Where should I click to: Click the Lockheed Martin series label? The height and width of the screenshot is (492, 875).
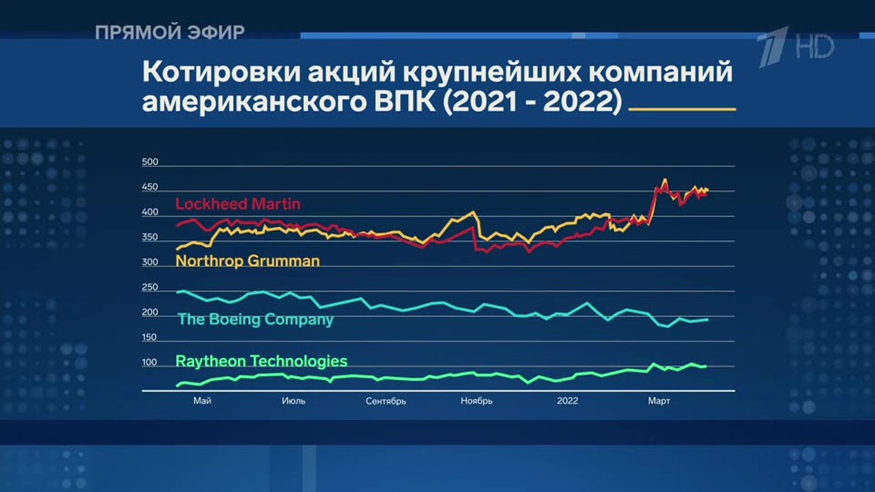pyautogui.click(x=238, y=204)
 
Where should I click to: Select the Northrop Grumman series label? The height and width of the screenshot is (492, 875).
pyautogui.click(x=248, y=261)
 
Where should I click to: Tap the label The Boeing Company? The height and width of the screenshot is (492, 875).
pyautogui.click(x=255, y=319)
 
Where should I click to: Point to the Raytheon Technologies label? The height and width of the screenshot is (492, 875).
pyautogui.click(x=261, y=361)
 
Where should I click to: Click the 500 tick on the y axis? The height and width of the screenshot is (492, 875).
pyautogui.click(x=150, y=162)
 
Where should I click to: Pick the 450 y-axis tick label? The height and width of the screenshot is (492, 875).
pyautogui.click(x=150, y=187)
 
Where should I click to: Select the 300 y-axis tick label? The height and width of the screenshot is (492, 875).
pyautogui.click(x=150, y=262)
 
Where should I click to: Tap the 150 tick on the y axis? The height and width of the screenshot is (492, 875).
pyautogui.click(x=150, y=337)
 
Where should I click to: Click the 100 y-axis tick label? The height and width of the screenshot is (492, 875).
pyautogui.click(x=150, y=363)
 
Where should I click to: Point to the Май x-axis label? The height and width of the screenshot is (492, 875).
pyautogui.click(x=202, y=401)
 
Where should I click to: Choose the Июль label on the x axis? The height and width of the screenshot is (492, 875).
pyautogui.click(x=293, y=401)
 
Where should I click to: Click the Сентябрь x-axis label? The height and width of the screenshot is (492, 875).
pyautogui.click(x=385, y=401)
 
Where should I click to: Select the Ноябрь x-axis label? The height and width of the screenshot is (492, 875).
pyautogui.click(x=477, y=401)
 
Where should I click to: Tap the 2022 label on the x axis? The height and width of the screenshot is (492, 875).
pyautogui.click(x=568, y=401)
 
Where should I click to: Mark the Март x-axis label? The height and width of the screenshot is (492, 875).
pyautogui.click(x=659, y=401)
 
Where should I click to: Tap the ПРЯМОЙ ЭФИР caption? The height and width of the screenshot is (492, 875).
pyautogui.click(x=169, y=32)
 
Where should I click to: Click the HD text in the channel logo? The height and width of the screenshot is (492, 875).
pyautogui.click(x=815, y=46)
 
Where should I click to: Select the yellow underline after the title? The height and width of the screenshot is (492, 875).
pyautogui.click(x=683, y=110)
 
